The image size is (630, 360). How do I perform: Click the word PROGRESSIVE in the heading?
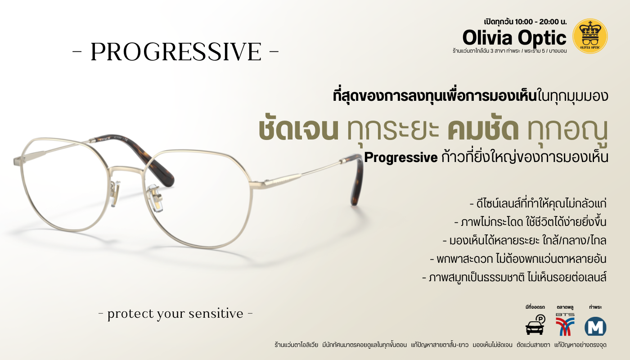point(176,52)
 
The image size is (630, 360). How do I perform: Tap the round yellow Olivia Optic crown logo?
point(590,36)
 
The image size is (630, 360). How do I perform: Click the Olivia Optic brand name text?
point(514,38)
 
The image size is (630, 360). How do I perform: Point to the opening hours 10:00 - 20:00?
point(538,22)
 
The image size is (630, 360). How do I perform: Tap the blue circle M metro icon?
point(595,326)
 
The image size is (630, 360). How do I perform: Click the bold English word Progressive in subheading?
point(401,157)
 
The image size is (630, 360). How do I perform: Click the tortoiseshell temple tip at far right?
point(356,180)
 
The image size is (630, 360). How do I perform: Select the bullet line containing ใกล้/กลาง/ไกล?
point(525,241)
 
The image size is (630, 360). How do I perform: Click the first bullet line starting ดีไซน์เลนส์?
point(538,203)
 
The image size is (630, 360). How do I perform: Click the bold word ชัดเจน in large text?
point(298,130)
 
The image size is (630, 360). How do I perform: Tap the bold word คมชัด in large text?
point(483,130)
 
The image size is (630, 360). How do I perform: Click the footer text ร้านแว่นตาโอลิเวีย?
point(296,345)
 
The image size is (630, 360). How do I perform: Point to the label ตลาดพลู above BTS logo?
point(565,307)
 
